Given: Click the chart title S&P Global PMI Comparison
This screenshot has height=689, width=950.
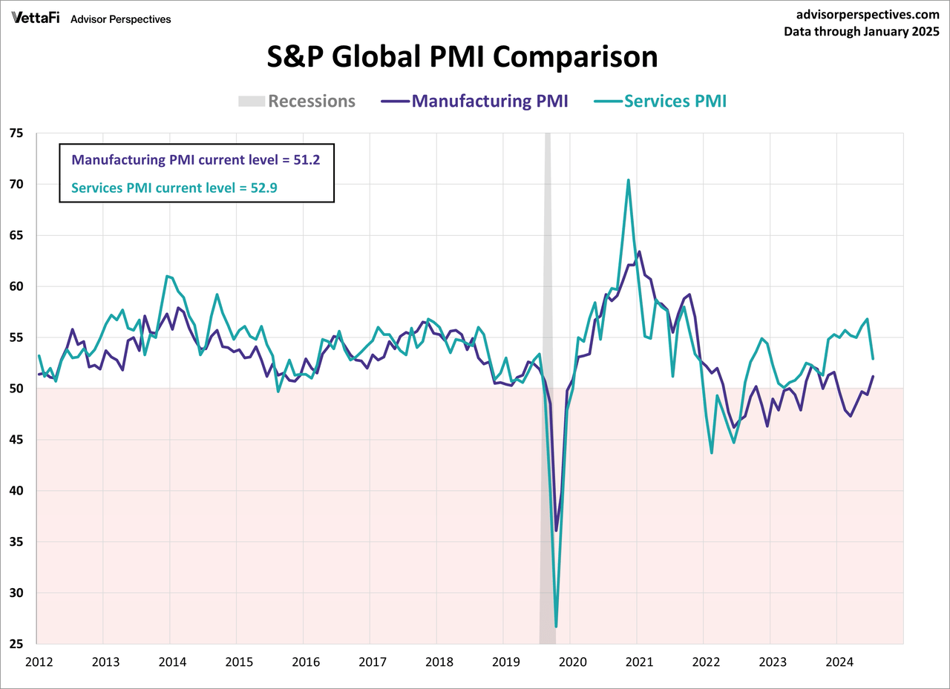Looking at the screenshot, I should coord(462,57).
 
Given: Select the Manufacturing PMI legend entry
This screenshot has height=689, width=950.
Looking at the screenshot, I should coord(490,101).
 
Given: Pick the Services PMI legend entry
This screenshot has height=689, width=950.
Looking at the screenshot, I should coord(675,101).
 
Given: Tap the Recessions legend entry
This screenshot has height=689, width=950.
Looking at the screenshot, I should coord(311,101).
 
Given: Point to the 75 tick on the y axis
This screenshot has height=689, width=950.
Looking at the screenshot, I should coord(16,133).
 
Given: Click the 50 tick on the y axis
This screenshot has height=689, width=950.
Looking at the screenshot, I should coord(16,389).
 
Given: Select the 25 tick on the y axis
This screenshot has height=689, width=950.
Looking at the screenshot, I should coord(16,644).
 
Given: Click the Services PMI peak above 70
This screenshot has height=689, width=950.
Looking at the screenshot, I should coord(629,180).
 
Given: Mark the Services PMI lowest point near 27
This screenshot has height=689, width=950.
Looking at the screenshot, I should coord(556,627).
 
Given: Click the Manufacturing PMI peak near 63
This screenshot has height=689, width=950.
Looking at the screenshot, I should coord(639,252).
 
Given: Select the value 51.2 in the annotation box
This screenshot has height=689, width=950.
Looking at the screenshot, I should coord(305,159).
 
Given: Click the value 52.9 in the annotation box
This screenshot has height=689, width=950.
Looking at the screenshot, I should coord(263,188).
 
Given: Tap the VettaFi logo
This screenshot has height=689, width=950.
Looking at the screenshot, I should coord(36,18).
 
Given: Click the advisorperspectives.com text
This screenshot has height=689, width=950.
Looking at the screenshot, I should coord(865,14).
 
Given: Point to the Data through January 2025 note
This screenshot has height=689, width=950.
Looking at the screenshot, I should coord(861,31).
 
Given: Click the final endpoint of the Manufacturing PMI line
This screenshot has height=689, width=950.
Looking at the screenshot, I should coord(873,376).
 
